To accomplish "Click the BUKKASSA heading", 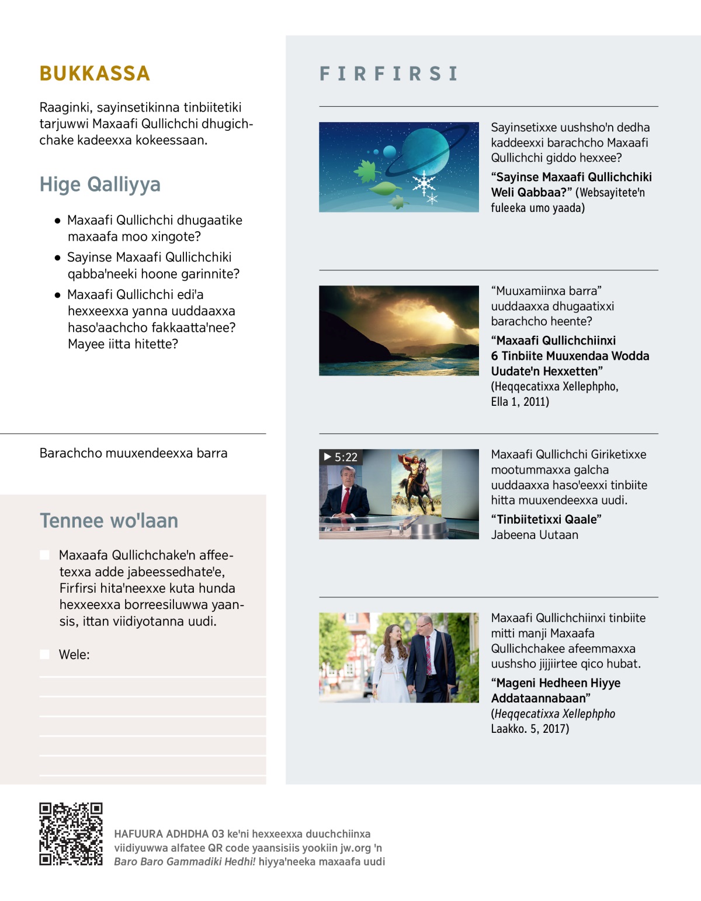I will tap(95, 74).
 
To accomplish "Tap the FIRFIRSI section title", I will tap(388, 74).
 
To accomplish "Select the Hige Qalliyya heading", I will tap(100, 185).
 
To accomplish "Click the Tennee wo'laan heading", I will tap(109, 521).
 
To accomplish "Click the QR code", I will tap(71, 834).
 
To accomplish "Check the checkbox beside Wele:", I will tap(44, 655).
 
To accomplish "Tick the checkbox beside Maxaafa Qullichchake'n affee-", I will tap(44, 555).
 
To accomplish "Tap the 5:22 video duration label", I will tap(341, 457).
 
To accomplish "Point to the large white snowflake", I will tap(423, 183).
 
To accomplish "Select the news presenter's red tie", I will tap(345, 499).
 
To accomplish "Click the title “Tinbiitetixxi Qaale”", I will tap(546, 520).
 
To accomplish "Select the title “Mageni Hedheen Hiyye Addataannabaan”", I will tap(555, 691).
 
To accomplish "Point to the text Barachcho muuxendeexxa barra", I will tap(133, 453).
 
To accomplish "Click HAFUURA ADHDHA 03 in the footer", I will tap(169, 834).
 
